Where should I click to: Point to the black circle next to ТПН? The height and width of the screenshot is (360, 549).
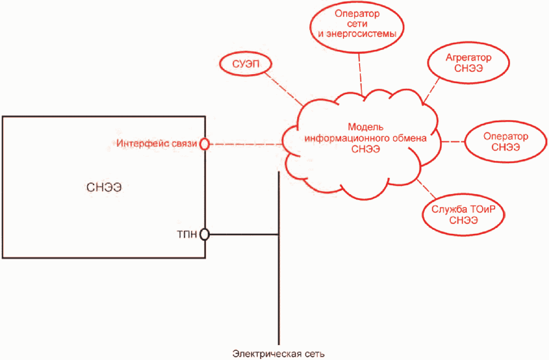204,229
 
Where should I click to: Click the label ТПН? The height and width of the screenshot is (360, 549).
187,234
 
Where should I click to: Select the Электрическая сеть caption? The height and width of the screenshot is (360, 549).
278,354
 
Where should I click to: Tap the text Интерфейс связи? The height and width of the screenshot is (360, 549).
156,144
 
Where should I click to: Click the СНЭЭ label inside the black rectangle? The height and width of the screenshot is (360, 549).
104,187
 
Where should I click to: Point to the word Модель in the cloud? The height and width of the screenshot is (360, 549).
366,127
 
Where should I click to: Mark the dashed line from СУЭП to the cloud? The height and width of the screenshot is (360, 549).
284,89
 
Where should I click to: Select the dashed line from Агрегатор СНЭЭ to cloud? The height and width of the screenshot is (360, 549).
431,90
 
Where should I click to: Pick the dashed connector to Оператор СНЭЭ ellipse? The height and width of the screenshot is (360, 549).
453,142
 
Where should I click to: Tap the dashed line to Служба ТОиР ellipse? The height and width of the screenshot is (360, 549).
426,189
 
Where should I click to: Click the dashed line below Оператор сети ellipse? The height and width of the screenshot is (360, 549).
361,74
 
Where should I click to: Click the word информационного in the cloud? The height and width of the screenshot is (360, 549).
347,138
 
